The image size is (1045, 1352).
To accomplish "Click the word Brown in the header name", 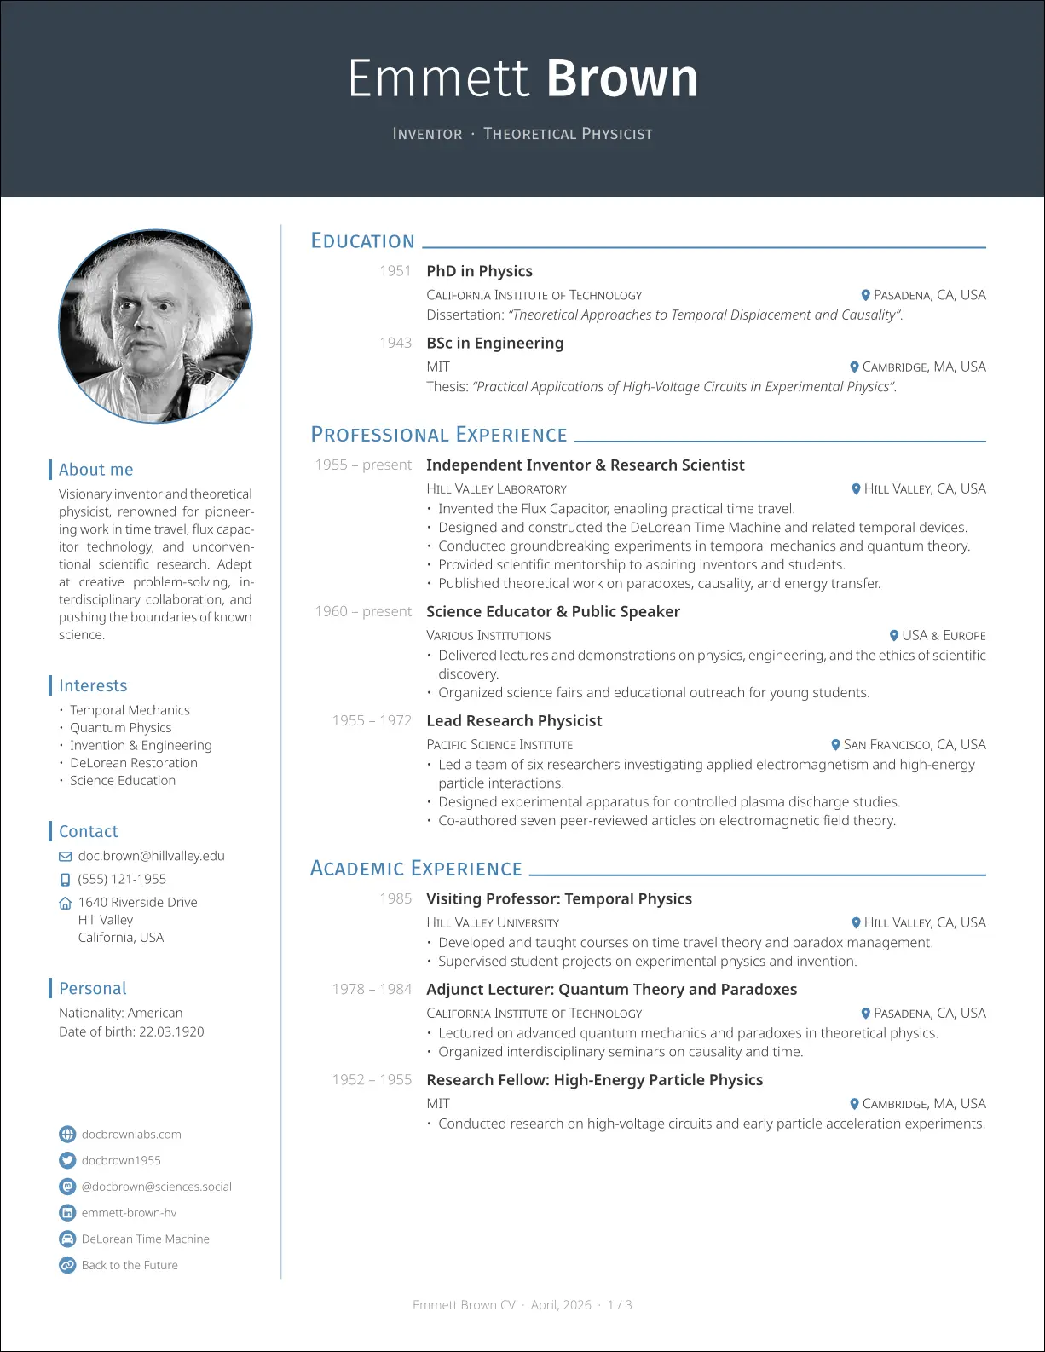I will click(621, 79).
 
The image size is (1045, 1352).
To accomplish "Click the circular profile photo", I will click(155, 326).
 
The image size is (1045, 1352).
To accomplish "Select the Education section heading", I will click(362, 241).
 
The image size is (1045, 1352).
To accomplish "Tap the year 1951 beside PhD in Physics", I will click(395, 271).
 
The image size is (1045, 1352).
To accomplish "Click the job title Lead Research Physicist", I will click(514, 721).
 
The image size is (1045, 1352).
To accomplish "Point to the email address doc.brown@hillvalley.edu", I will click(152, 856).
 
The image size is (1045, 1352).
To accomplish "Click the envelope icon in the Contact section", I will click(66, 857).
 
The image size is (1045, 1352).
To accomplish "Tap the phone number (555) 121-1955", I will click(122, 879).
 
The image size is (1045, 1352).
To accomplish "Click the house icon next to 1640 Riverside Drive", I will click(66, 903).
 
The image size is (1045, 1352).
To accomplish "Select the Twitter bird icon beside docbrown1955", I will click(67, 1160).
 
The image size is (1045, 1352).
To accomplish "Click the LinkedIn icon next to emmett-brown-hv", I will click(67, 1213).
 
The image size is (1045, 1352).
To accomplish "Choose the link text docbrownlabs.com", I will click(131, 1135).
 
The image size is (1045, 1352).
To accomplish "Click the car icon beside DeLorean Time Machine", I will click(67, 1239).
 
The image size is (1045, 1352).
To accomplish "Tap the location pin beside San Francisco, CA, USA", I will click(836, 745).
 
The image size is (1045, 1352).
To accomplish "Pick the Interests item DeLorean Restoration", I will click(134, 763).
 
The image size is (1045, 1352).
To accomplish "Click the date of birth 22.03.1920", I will click(171, 1031).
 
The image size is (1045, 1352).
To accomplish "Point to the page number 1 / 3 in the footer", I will click(620, 1305).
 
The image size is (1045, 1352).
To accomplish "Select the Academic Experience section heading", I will click(416, 869).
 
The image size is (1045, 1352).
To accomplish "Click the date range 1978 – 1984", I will click(372, 989).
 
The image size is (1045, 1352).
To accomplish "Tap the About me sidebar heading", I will click(95, 470).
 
